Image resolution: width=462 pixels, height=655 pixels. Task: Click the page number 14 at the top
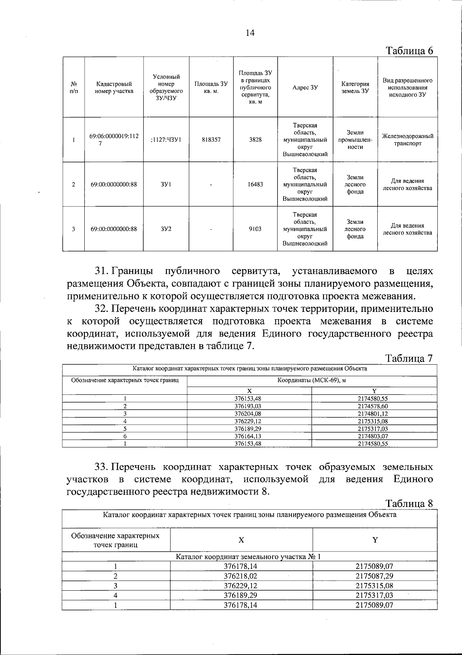point(250,33)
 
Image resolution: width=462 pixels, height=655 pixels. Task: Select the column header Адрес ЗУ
point(305,87)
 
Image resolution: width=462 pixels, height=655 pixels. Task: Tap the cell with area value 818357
point(211,140)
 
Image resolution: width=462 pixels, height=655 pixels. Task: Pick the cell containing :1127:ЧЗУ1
point(166,140)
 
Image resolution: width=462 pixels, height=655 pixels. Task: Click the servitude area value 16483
point(255,184)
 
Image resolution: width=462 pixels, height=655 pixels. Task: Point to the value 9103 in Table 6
point(255,229)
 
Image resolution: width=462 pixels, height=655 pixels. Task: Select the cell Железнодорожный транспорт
point(407,140)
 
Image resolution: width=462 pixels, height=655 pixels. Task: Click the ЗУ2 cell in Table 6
point(166,229)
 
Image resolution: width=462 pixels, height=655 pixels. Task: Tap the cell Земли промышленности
point(355,140)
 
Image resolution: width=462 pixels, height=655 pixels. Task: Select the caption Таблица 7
point(410,358)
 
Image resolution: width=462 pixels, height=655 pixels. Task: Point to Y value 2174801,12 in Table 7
point(374,414)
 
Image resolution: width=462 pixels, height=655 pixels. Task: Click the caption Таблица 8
point(410,503)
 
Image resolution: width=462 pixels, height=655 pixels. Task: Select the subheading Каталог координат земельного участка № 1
point(249,556)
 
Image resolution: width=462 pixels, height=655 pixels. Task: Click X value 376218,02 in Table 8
point(241,576)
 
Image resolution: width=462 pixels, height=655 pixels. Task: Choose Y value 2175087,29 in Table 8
point(374,576)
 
